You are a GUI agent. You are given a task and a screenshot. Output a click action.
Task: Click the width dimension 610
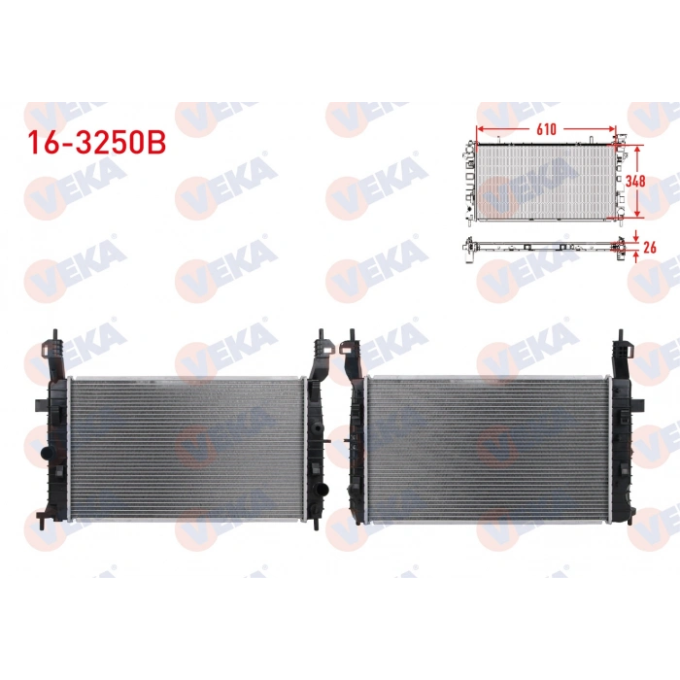(544, 127)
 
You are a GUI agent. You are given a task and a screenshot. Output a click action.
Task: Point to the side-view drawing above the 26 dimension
(545, 247)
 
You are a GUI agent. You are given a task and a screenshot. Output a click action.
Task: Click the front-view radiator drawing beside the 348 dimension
(545, 181)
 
